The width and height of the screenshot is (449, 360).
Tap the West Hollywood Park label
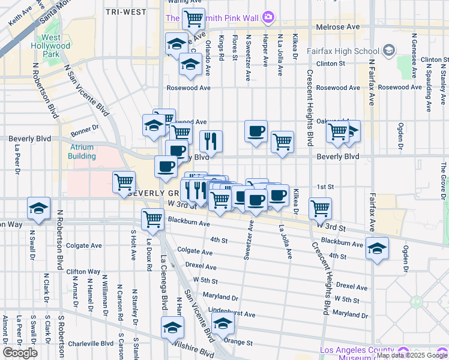[51, 46]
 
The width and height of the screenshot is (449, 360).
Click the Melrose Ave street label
[337, 27]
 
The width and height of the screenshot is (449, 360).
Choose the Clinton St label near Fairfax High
[331, 63]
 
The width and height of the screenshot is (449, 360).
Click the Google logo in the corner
[20, 353]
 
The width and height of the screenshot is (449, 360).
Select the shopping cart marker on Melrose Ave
[193, 19]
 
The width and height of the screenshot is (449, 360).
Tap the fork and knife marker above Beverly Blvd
[211, 142]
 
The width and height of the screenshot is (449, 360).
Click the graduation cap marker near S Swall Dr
[38, 208]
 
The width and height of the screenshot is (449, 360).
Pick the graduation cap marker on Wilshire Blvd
[172, 328]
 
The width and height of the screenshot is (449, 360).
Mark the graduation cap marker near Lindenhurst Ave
[223, 323]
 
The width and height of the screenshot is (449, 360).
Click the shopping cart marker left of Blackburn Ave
[153, 220]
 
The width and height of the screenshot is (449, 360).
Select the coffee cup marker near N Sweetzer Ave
[256, 131]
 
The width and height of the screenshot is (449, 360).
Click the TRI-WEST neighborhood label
[126, 11]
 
